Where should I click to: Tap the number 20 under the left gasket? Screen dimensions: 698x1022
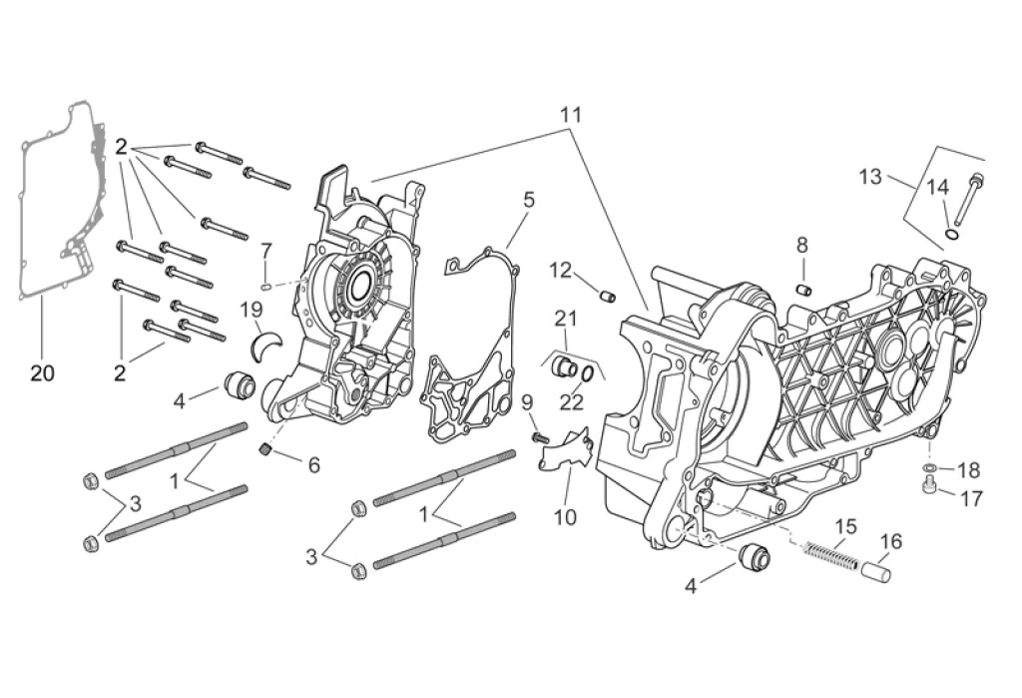pyautogui.click(x=42, y=373)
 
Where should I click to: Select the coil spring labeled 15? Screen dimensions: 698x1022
pyautogui.click(x=831, y=554)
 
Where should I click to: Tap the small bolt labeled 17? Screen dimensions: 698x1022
pyautogui.click(x=930, y=486)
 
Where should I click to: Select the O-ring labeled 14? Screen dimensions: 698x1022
pyautogui.click(x=952, y=236)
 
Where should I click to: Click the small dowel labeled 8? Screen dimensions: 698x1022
pyautogui.click(x=801, y=290)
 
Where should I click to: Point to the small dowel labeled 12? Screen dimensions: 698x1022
pyautogui.click(x=606, y=295)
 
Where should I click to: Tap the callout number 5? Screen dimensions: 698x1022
pyautogui.click(x=528, y=200)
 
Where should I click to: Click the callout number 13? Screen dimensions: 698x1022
pyautogui.click(x=870, y=177)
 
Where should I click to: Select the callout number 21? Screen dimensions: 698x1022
pyautogui.click(x=567, y=319)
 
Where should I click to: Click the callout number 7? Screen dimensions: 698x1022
pyautogui.click(x=266, y=250)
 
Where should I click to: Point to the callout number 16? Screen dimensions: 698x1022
pyautogui.click(x=890, y=541)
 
